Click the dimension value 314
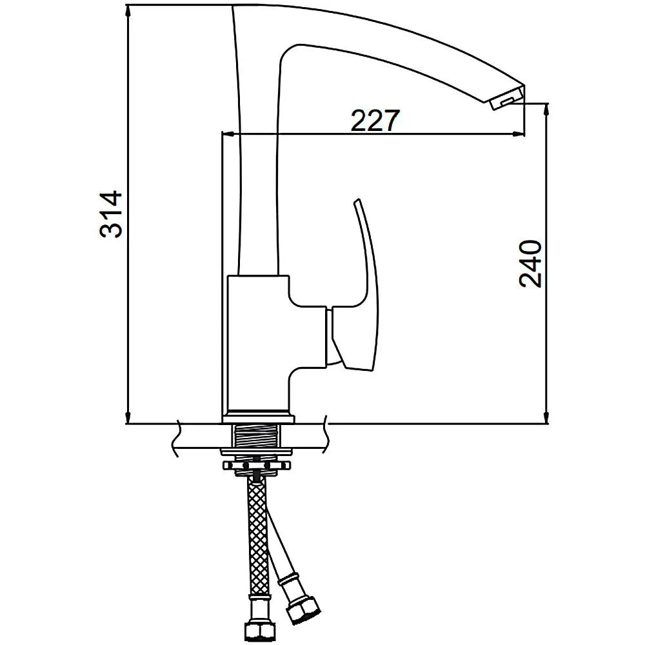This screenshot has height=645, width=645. coord(111,214)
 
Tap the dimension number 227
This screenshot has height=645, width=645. coord(375,120)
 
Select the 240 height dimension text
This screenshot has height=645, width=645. coord(530,264)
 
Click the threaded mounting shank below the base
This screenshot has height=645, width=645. coord(257,439)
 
